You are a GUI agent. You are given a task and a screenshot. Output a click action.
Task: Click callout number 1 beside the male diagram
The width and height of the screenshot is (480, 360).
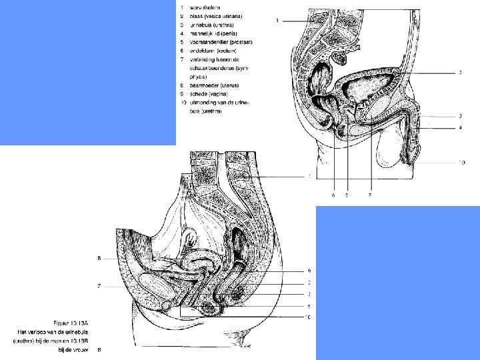click(277, 21)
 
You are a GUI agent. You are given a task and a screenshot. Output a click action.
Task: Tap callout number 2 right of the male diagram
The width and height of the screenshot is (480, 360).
click(460, 73)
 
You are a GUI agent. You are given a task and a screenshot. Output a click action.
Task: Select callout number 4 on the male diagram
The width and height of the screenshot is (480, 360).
click(460, 128)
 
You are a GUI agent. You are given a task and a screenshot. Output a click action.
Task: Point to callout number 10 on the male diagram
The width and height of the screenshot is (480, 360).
click(461, 162)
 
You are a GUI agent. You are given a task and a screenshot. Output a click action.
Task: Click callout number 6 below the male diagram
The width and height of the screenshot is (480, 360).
click(333, 196)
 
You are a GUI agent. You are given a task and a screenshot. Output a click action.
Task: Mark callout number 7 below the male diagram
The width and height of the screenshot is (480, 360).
click(370, 196)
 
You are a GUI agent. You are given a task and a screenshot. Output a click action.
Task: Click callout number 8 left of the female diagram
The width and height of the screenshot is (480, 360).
click(99, 258)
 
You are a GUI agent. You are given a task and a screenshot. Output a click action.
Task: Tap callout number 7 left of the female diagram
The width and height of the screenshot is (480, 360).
click(99, 287)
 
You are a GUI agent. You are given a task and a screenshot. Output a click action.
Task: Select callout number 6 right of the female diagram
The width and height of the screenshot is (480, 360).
click(309, 271)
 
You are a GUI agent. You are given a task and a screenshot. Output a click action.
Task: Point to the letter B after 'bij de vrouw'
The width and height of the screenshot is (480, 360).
click(99, 349)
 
